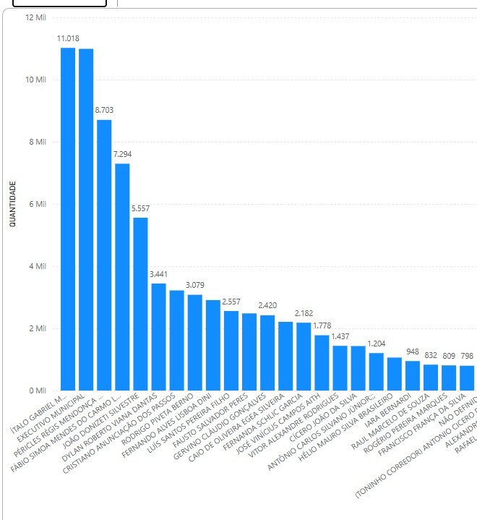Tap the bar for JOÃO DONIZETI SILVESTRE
[140, 304]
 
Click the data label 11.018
[68, 38]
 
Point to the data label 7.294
[122, 154]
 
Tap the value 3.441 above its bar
[158, 274]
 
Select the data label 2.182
[304, 313]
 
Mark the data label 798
[466, 357]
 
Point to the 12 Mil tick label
[35, 17]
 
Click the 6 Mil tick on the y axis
[37, 204]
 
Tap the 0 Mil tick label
[37, 391]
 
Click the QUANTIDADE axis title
[12, 203]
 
